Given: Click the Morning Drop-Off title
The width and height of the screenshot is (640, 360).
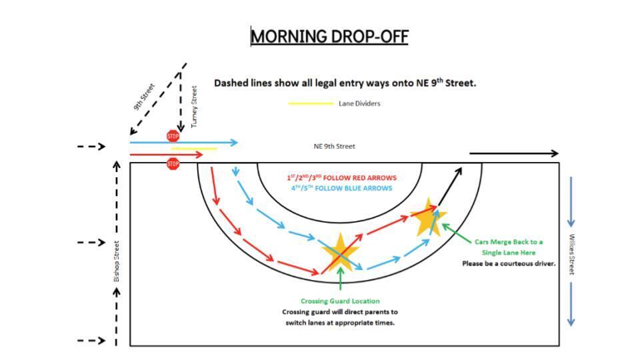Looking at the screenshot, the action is click(329, 36).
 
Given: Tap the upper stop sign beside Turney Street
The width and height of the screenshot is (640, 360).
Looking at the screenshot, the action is click(173, 136).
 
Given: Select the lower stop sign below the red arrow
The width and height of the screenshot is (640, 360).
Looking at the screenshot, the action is click(173, 164).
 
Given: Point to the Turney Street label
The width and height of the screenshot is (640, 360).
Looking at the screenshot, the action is click(194, 107).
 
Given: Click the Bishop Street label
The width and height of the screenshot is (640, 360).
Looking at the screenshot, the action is click(116, 261).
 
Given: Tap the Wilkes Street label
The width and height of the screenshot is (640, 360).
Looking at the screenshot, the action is click(572, 254).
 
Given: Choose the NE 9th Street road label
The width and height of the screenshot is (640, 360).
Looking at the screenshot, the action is click(334, 146).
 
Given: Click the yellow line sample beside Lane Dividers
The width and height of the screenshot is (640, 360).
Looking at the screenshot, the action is click(311, 104).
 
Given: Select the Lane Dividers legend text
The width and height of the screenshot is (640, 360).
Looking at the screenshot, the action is click(359, 104).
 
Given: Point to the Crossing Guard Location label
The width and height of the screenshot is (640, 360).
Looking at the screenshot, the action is click(340, 301).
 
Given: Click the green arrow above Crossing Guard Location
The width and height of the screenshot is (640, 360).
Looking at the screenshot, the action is click(341, 279).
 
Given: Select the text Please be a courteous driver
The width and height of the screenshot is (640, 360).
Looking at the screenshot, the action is click(509, 264).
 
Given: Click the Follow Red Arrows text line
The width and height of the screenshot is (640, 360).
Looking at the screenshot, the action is click(341, 177).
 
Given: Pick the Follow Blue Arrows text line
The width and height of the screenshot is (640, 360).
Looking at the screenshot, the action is click(341, 188).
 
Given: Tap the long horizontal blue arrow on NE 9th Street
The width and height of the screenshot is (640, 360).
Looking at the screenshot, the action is click(184, 143).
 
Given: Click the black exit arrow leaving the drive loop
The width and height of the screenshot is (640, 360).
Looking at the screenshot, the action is click(450, 186).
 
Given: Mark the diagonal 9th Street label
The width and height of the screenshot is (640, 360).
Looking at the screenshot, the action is click(144, 97).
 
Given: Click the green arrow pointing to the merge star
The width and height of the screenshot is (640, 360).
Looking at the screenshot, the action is click(456, 233).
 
